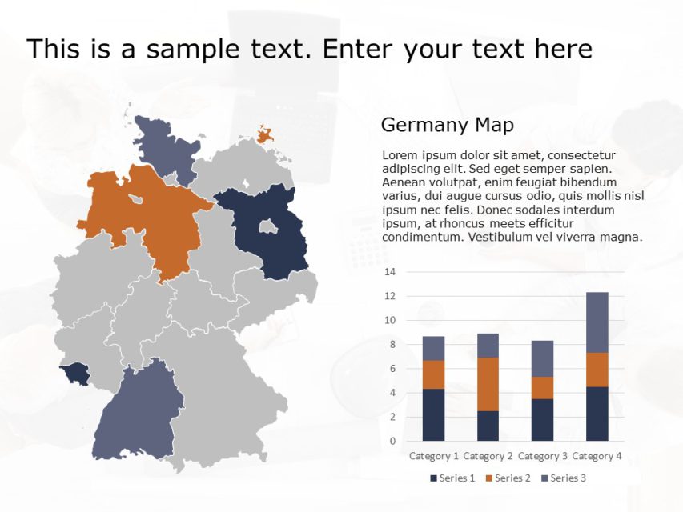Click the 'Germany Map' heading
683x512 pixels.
point(447,125)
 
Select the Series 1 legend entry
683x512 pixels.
point(453,478)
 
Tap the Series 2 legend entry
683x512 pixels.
point(508,478)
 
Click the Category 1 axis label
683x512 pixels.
point(433,456)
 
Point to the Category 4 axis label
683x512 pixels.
point(597,456)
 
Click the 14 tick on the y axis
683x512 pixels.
point(391,272)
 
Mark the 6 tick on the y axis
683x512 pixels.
point(391,369)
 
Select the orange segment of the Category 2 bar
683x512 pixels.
point(488,384)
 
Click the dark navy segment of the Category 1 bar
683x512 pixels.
point(433,414)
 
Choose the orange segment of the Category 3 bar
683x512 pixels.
point(543,387)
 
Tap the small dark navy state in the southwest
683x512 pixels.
point(77,372)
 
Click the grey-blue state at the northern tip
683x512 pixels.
point(164,148)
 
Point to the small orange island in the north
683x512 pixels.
point(266,134)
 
